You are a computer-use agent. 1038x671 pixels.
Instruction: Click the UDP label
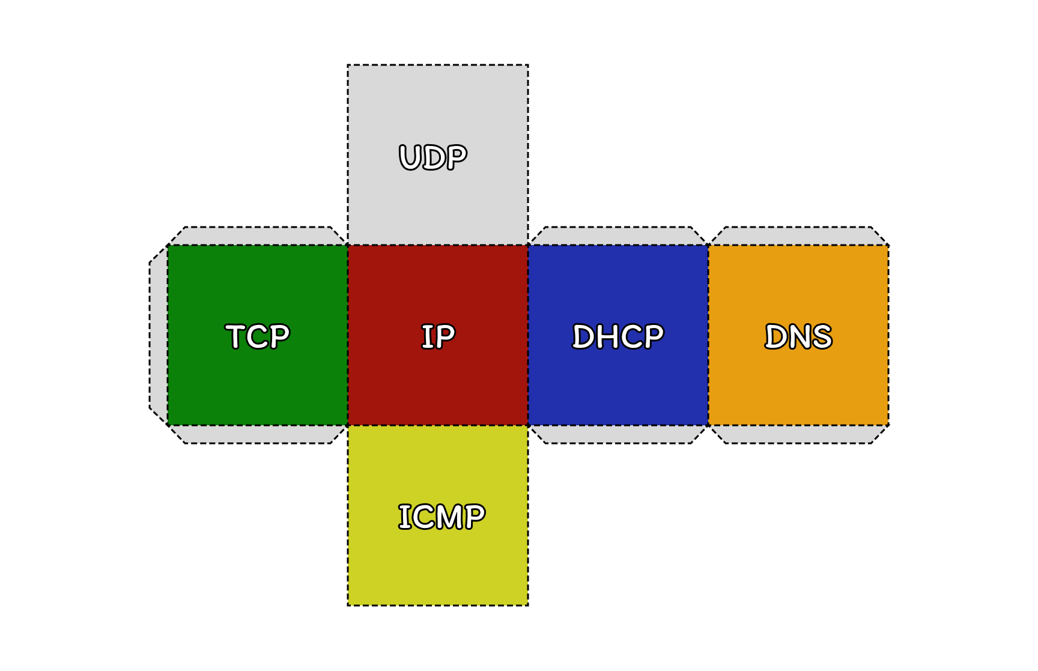433,157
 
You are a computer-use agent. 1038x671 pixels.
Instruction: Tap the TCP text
258,336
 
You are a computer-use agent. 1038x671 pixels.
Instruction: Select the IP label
438,336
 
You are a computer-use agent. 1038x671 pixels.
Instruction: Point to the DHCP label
618,336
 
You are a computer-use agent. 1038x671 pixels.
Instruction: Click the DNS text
798,336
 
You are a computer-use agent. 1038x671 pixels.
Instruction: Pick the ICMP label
442,517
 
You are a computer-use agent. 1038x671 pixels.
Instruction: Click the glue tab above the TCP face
258,236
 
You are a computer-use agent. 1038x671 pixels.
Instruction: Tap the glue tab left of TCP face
159,335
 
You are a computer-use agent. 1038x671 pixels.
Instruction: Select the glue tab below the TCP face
258,434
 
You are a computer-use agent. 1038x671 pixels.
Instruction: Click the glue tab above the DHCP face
618,236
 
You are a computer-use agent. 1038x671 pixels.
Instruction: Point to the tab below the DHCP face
618,434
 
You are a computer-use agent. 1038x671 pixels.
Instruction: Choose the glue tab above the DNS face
798,236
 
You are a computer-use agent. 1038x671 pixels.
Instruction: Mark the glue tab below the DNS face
798,434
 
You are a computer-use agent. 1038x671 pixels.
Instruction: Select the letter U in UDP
411,157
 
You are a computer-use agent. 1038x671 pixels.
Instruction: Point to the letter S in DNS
821,336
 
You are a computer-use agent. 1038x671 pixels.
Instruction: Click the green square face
258,384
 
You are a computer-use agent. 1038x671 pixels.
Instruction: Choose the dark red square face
438,384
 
